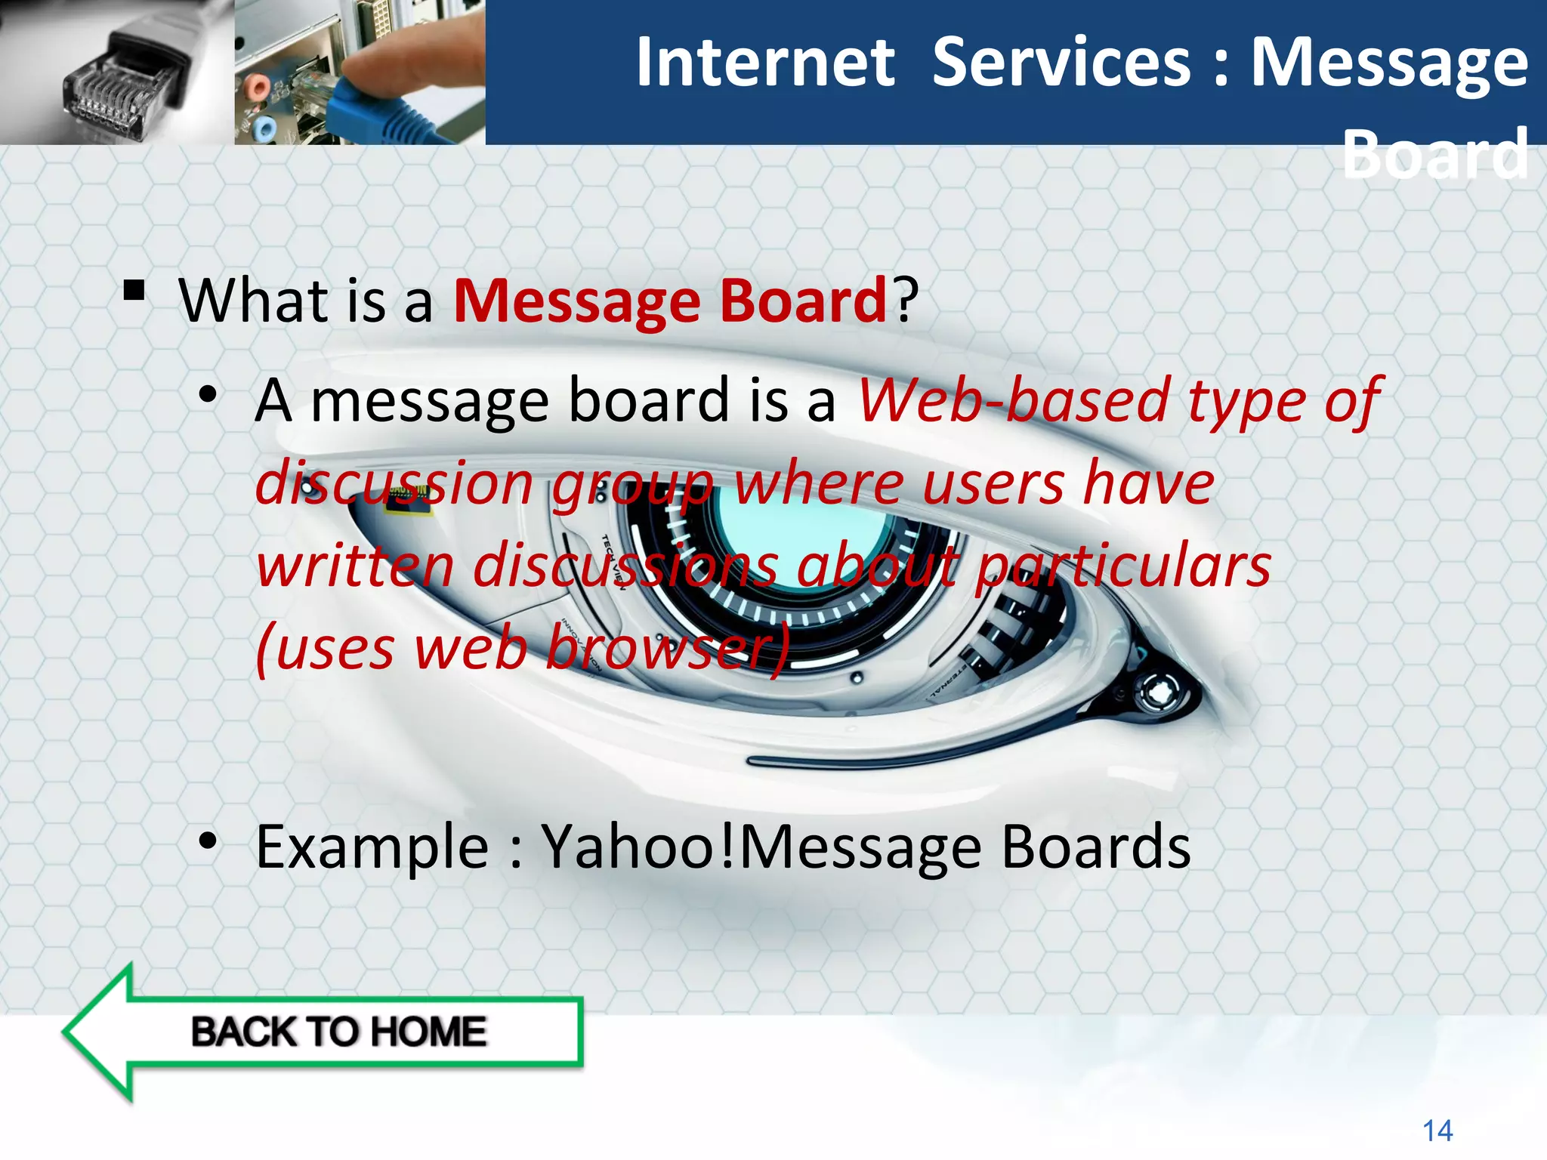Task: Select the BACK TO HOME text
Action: coord(338,1032)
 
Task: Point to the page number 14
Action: coord(1437,1131)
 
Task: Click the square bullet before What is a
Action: coord(134,291)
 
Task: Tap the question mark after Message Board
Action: coord(905,300)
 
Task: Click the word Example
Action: coord(372,847)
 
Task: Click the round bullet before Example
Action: coord(208,841)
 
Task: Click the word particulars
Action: coord(1122,566)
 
